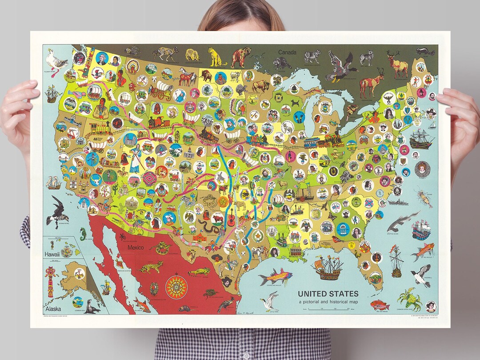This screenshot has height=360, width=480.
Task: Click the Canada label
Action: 287,52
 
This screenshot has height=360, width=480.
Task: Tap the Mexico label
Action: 136,248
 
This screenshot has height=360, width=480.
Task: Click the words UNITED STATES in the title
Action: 328,294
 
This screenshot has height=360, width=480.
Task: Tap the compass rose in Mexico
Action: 176,287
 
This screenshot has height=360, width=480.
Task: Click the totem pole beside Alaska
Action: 50,282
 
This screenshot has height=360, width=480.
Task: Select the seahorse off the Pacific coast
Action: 83,234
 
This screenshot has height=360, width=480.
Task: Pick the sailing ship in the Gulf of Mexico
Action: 328,268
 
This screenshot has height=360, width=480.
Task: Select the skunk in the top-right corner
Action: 425,52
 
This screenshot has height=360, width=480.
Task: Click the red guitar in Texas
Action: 231,217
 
